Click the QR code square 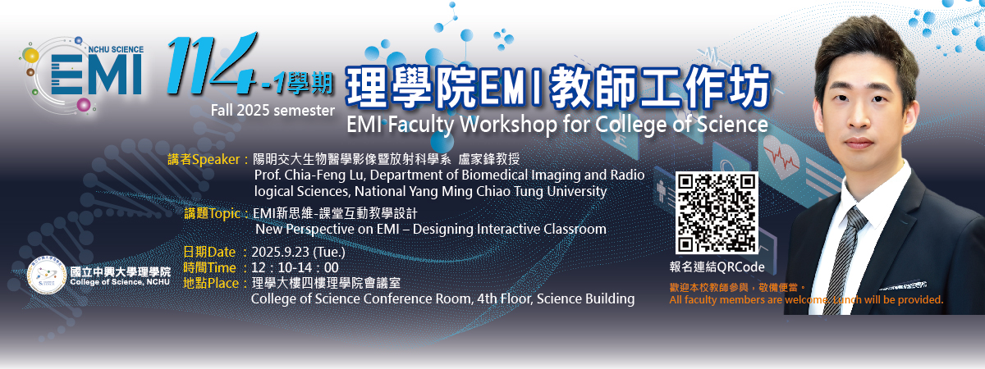717,212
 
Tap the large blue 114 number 212,63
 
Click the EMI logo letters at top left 97,75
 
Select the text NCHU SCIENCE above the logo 116,49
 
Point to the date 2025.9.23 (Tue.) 298,253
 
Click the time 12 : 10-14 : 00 295,267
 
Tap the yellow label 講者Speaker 204,159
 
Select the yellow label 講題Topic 212,213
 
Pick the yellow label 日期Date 208,253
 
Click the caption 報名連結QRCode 717,267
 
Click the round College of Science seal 46,275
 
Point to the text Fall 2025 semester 273,110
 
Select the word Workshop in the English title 509,124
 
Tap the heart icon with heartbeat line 781,157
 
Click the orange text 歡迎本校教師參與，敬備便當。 738,288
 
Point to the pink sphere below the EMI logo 84,105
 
